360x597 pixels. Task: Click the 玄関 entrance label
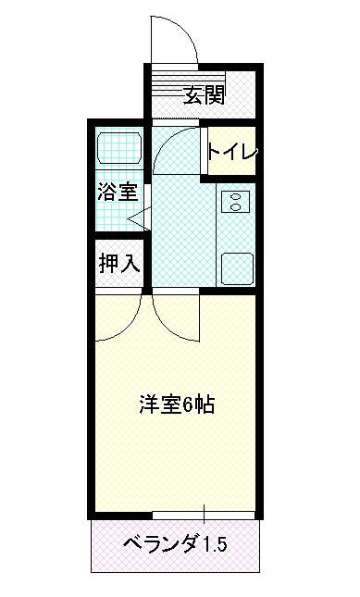pos(203,94)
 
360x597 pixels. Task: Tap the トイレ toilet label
pos(231,152)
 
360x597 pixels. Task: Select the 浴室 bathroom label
pos(118,193)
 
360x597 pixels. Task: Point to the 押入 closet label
pos(118,263)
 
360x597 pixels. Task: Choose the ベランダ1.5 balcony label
pos(175,543)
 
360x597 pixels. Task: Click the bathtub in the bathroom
pos(118,149)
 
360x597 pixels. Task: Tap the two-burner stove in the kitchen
pos(234,202)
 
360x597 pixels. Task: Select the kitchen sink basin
pos(237,269)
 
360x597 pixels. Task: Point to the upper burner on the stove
pos(234,196)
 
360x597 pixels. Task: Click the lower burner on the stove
pos(234,208)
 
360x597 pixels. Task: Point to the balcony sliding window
pos(204,515)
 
